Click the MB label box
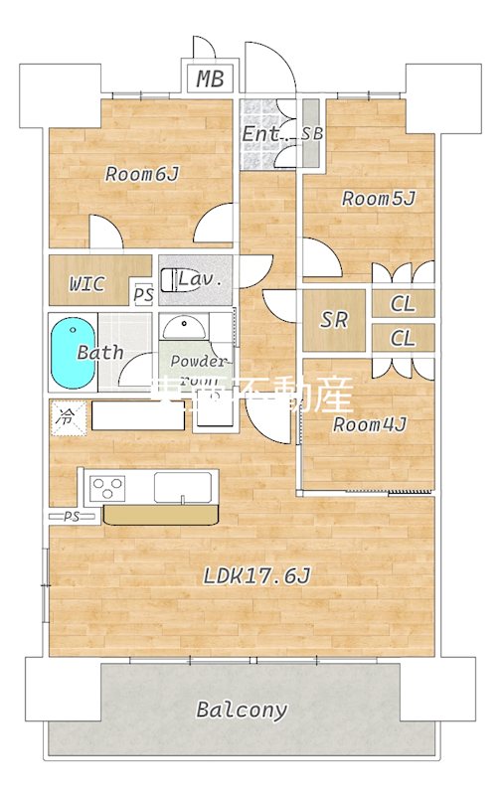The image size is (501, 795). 210,79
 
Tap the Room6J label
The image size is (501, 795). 142,175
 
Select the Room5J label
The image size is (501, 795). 378,199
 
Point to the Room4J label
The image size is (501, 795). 369,425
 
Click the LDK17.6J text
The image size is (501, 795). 257,575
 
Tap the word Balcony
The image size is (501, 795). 242,710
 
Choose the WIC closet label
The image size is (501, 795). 86,284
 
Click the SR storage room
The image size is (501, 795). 334,320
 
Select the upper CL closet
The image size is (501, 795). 403,305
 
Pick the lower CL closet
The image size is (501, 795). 403,338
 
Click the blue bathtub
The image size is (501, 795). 72,354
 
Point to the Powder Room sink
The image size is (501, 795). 182,327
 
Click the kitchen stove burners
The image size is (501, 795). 107,488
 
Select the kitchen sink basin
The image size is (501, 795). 183,488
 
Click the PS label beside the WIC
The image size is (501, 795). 144,295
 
